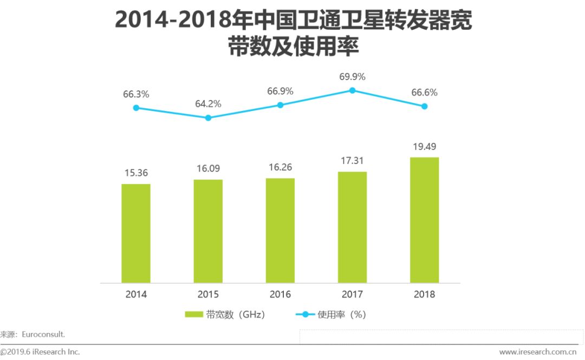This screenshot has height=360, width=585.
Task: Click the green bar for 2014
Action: (136, 233)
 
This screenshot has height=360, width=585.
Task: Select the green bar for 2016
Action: (280, 230)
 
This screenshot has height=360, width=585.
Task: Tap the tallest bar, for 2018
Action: (424, 220)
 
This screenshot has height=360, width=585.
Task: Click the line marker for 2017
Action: (352, 90)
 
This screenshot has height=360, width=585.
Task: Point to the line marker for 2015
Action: (208, 117)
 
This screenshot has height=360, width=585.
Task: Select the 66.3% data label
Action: (136, 94)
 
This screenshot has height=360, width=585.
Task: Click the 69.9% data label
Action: (352, 77)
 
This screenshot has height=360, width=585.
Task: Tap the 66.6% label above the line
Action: (424, 93)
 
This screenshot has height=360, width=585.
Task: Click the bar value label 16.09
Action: (208, 169)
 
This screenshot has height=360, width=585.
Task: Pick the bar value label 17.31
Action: (352, 161)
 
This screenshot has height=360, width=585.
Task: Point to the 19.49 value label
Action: (424, 147)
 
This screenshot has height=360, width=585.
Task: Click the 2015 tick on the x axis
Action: (208, 294)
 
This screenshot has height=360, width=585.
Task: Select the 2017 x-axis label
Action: (352, 294)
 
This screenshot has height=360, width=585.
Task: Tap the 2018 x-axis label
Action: (424, 294)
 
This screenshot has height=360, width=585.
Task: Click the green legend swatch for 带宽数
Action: (193, 315)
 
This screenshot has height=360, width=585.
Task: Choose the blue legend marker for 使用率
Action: (304, 315)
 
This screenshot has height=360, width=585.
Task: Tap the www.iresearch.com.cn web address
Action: (538, 352)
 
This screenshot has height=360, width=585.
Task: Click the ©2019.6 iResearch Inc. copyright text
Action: (40, 352)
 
